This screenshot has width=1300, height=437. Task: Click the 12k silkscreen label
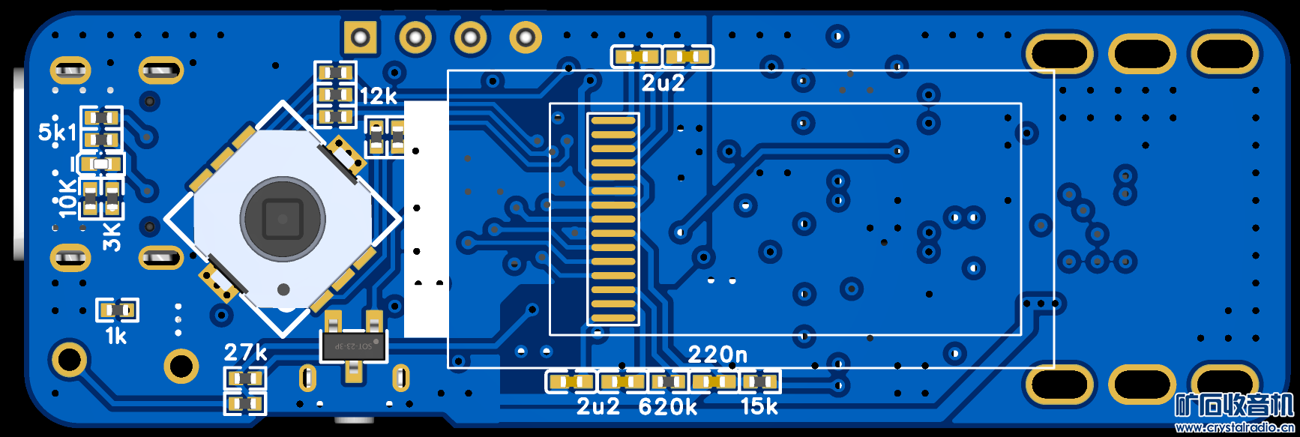(x=379, y=97)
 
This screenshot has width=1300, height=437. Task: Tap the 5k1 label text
(x=57, y=133)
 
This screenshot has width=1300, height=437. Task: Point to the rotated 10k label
(x=67, y=198)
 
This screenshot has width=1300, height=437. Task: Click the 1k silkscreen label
(x=116, y=336)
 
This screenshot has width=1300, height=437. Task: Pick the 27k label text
(x=246, y=352)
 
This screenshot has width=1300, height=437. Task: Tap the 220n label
(x=717, y=354)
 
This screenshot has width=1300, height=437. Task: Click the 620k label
(x=668, y=407)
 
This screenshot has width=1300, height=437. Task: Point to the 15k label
(x=759, y=407)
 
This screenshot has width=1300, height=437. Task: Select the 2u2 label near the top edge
(x=663, y=83)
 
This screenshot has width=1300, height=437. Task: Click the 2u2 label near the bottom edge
(x=598, y=407)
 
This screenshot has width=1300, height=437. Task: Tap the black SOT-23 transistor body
(x=353, y=346)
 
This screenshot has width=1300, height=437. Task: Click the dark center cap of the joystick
(x=283, y=219)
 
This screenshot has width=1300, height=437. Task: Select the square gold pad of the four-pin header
(x=360, y=36)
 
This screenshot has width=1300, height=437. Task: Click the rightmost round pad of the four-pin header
(x=526, y=36)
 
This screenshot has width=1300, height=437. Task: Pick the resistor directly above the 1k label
(x=118, y=309)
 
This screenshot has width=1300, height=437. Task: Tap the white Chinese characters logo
(x=1234, y=406)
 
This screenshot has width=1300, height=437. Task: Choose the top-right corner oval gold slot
(x=1224, y=54)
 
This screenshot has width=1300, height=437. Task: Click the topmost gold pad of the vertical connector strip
(x=613, y=121)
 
